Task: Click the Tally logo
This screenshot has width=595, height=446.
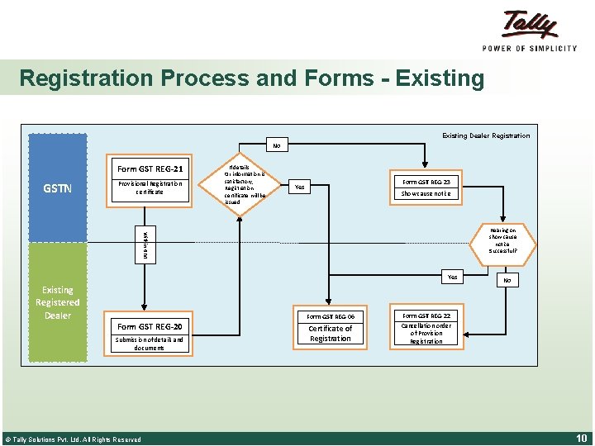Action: coord(530,30)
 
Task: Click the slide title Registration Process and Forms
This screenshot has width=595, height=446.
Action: coord(251,78)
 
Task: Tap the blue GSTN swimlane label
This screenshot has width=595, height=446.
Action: coord(58,188)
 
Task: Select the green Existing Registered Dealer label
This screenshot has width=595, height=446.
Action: coord(58,302)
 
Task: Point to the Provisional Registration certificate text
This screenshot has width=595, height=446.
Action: coord(150,187)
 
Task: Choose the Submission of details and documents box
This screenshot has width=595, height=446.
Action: coord(150,343)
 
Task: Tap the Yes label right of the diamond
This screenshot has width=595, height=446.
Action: coord(300,187)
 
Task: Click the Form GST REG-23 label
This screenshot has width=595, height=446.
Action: coord(426,182)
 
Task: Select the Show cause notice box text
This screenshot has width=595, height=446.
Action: coord(426,194)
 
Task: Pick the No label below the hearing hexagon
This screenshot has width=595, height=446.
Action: coord(507,281)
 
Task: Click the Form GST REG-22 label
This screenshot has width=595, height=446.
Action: coord(426,316)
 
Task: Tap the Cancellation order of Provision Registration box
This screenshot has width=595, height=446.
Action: coord(426,333)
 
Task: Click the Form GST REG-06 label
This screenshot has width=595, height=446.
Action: coord(331,316)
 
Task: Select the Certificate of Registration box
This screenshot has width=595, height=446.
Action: coord(331,334)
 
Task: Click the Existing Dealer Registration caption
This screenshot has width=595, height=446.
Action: coord(486,135)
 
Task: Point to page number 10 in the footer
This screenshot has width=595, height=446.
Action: coord(580,438)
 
